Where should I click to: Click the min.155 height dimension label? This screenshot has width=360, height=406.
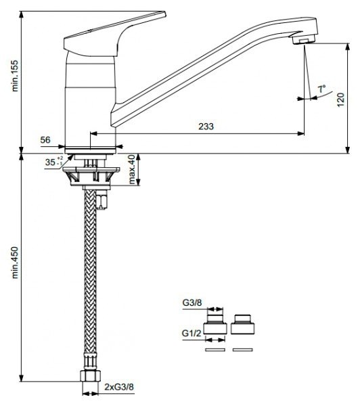[x=16, y=76]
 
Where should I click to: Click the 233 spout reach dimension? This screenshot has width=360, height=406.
[x=206, y=127]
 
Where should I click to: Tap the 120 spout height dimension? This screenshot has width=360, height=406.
[x=341, y=99]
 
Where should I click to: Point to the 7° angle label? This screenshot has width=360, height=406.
[x=321, y=89]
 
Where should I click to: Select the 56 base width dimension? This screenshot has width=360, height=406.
[x=45, y=140]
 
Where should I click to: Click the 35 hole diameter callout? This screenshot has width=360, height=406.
[x=53, y=162]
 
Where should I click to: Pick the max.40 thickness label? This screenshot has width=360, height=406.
[x=132, y=169]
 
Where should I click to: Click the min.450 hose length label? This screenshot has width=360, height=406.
[x=16, y=263]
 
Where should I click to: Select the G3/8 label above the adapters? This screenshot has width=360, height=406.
[x=192, y=302]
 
